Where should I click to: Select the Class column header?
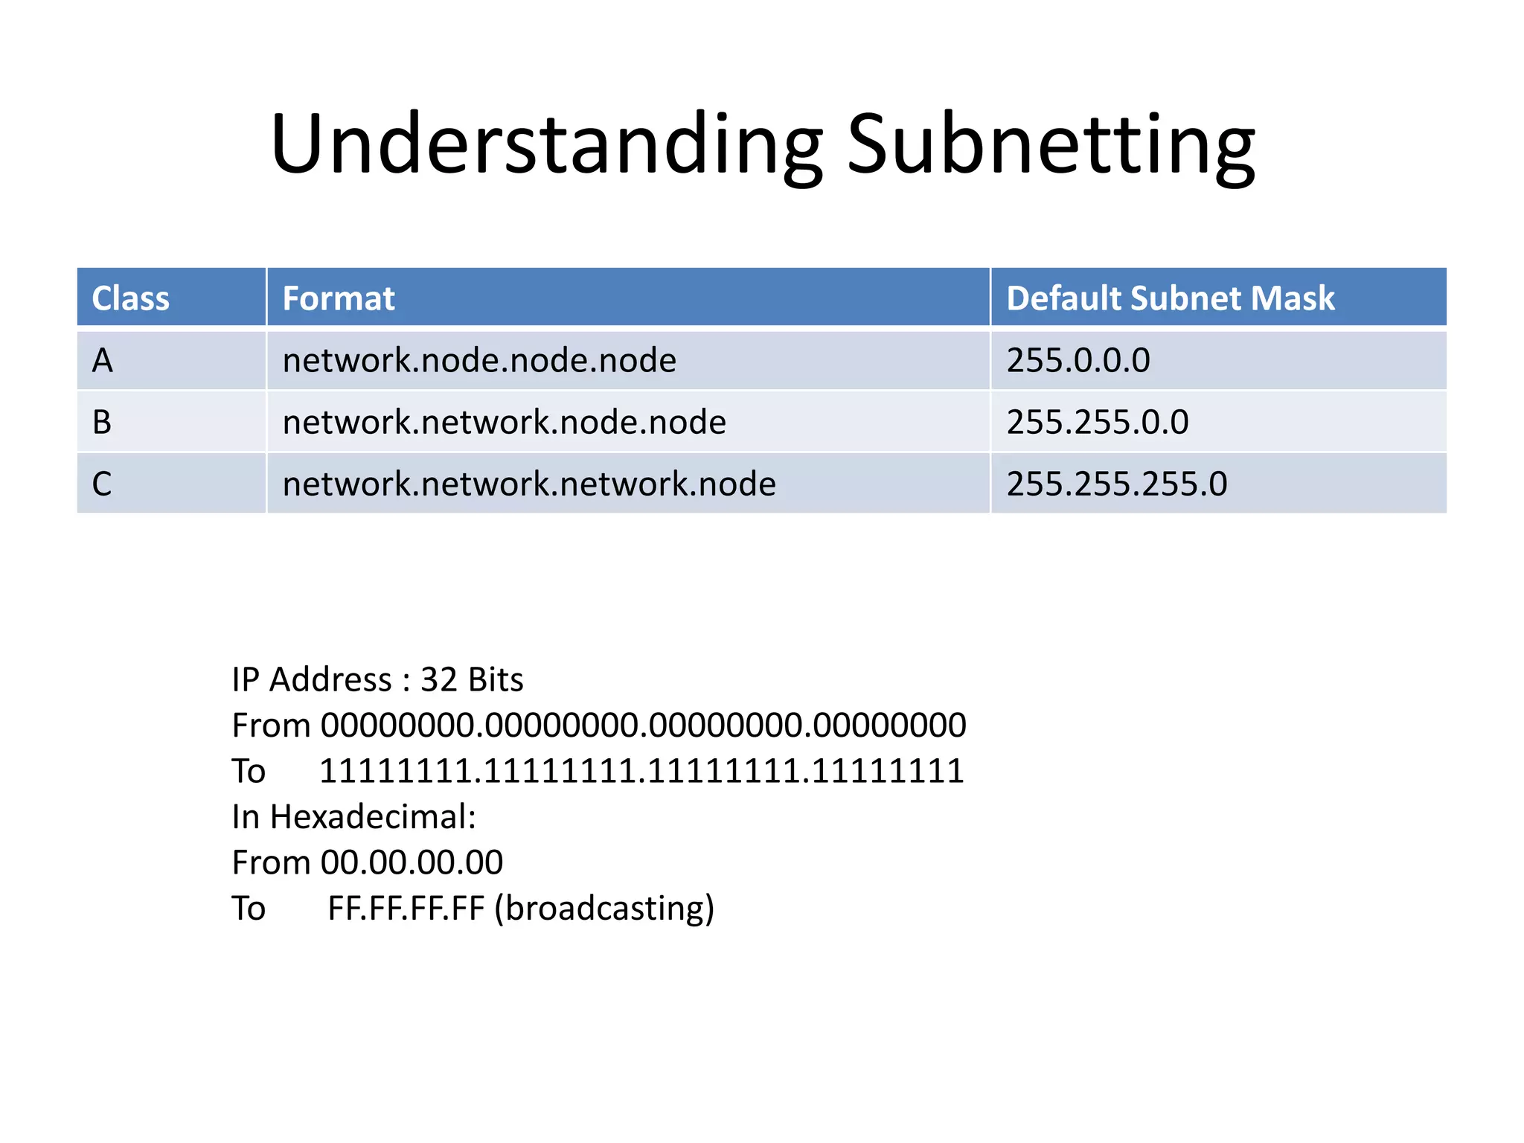tap(131, 298)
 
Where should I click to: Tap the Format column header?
tap(339, 298)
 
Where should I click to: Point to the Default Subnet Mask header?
tap(1171, 298)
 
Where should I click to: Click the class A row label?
tap(103, 360)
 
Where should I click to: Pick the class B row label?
tap(102, 422)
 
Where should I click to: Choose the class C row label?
tap(102, 484)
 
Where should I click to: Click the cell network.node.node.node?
tap(479, 360)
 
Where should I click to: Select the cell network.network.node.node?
tap(504, 422)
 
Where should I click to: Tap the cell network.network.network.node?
tap(529, 484)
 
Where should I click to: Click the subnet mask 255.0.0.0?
tap(1078, 360)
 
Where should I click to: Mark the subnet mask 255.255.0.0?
tap(1098, 422)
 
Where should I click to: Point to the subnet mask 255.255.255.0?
tap(1117, 484)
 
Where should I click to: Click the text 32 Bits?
tap(472, 679)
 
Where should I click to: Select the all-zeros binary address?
tap(643, 725)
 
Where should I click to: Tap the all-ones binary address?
tap(641, 771)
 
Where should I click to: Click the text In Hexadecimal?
tap(353, 816)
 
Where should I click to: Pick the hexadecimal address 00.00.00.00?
tap(412, 862)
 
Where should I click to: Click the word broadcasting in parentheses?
tap(604, 909)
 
